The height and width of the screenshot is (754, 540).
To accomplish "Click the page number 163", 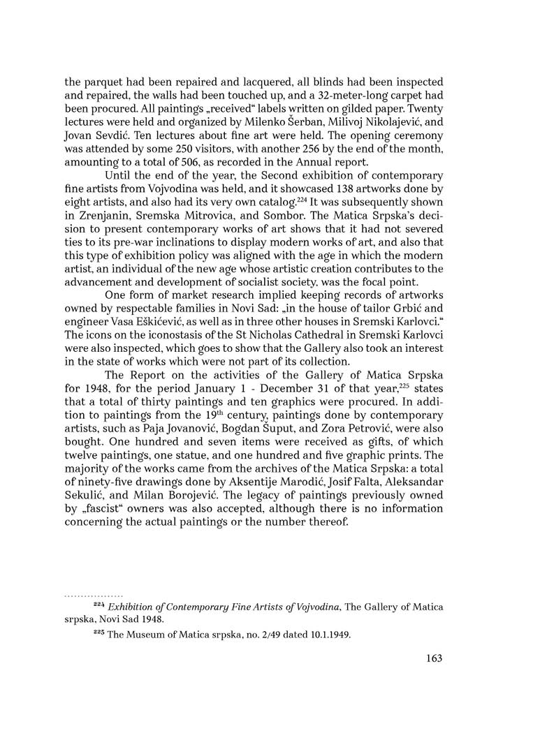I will pos(433,658).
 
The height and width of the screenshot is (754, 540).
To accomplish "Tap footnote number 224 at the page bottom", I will pos(98,605).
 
